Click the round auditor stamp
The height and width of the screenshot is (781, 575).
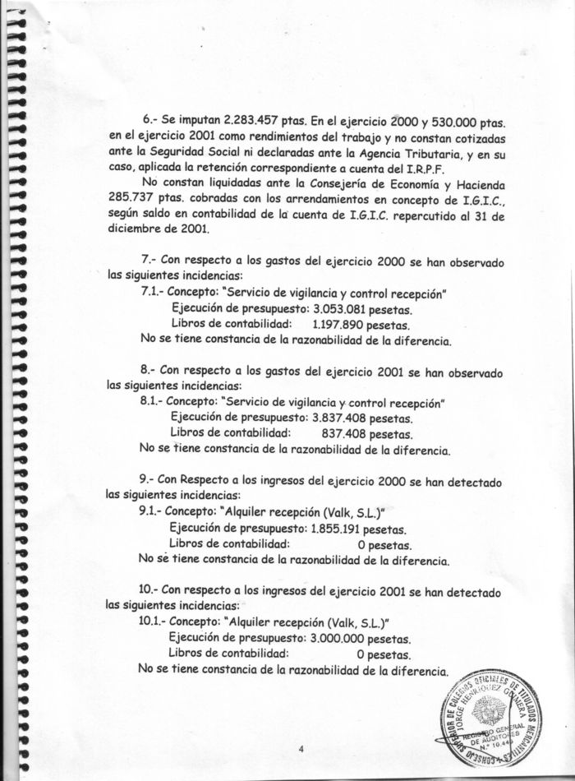coord(504,717)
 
